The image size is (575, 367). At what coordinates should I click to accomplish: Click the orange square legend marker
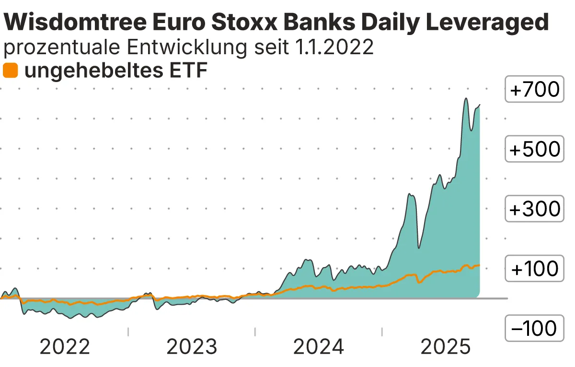[10, 71]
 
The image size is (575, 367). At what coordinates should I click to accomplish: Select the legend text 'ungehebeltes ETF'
[115, 71]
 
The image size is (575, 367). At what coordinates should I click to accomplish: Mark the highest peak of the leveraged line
[465, 99]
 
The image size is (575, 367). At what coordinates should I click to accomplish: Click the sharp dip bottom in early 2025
[419, 248]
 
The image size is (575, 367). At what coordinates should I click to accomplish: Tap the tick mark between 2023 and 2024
[255, 331]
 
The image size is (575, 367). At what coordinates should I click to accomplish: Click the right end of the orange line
[479, 265]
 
